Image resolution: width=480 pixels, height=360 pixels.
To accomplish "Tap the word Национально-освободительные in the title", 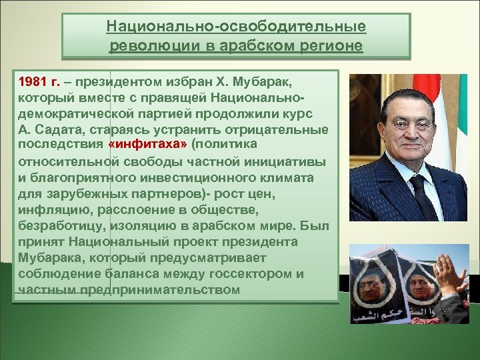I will coord(236,27).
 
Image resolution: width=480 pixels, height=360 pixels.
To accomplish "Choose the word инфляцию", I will coord(49,209).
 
